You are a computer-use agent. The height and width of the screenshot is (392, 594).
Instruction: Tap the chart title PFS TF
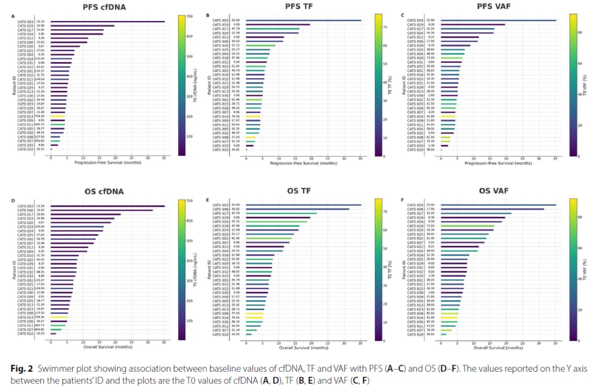coord(300,7)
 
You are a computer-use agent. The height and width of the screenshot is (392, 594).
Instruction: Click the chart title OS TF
coord(300,191)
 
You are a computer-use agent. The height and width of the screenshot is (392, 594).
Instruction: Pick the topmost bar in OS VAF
coord(498,205)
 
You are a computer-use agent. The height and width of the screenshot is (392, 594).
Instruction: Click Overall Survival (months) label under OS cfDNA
coord(107,347)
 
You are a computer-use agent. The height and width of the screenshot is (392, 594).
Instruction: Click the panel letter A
coord(13,16)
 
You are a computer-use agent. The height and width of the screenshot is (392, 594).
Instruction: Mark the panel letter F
coord(403,200)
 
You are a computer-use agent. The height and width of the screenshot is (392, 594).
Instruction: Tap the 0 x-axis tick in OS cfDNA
coord(51,343)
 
